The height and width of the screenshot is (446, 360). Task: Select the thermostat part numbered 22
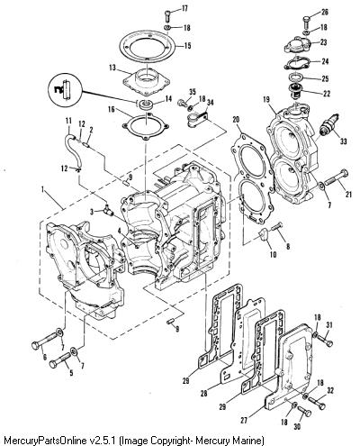(295, 91)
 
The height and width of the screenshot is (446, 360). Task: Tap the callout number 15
(187, 46)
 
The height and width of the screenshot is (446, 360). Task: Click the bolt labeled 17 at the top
(168, 15)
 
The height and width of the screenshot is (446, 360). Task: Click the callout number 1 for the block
(42, 189)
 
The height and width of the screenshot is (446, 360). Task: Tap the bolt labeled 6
(45, 340)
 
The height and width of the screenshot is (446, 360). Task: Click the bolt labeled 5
(60, 359)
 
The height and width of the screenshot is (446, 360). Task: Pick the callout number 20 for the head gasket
(236, 120)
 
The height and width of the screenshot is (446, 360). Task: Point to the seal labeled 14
(146, 105)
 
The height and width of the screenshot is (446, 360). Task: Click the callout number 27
(244, 420)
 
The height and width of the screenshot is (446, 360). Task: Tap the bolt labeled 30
(304, 413)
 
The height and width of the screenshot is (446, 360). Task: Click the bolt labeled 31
(325, 341)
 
